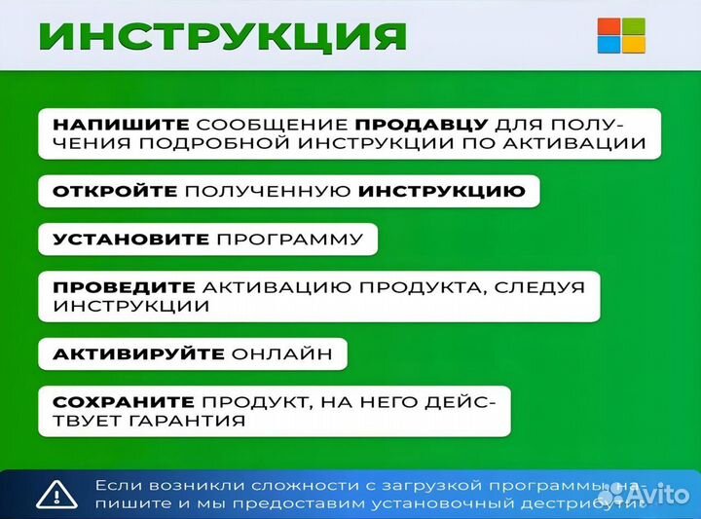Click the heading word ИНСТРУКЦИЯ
[x=221, y=37]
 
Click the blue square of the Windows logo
[x=608, y=44]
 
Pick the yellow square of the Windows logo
[x=633, y=44]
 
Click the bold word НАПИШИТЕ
[x=120, y=126]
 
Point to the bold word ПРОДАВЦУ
[x=420, y=126]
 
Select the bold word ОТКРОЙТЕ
[x=114, y=191]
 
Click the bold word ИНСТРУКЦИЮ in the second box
[x=441, y=191]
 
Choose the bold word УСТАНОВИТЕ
[x=130, y=240]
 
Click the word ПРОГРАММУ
[x=290, y=240]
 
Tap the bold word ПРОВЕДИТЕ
[x=123, y=287]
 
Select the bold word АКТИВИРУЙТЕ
[x=138, y=353]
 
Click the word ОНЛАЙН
[x=289, y=353]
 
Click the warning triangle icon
[x=55, y=494]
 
